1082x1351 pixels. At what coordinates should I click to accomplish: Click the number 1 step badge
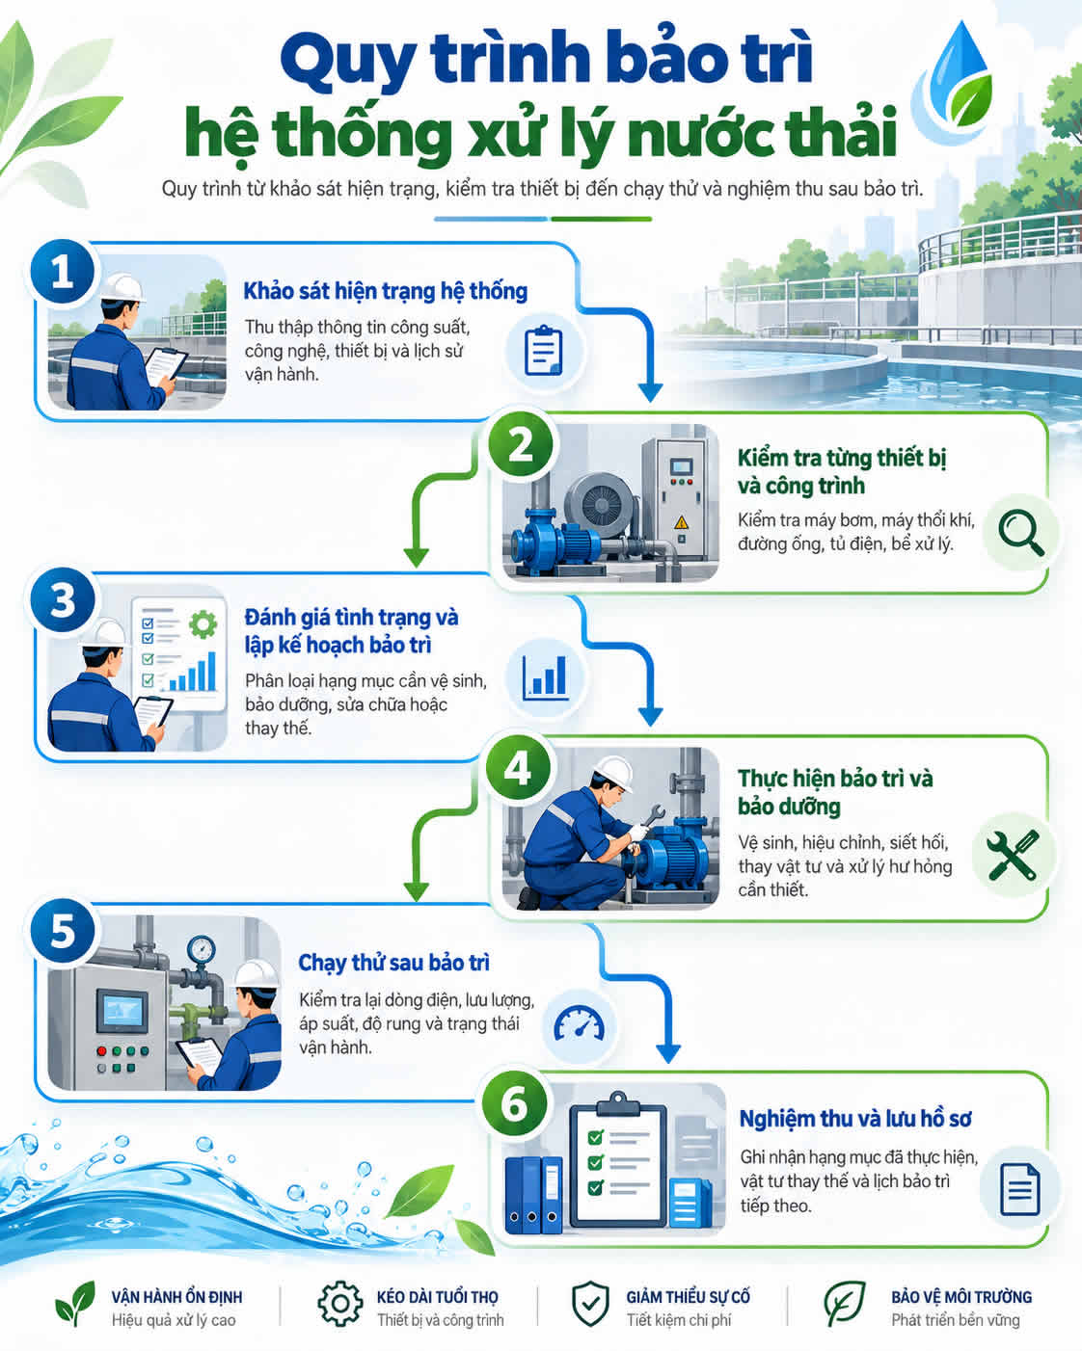(63, 272)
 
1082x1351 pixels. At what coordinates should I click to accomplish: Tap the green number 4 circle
(518, 768)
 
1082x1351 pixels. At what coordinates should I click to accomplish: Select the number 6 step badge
(514, 1104)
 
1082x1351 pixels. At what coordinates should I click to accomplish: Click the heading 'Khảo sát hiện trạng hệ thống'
(385, 291)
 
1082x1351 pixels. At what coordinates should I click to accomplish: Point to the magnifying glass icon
(1021, 533)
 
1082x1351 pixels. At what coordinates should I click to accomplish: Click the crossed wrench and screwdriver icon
(1013, 855)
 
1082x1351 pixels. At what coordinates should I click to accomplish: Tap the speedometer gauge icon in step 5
(579, 1025)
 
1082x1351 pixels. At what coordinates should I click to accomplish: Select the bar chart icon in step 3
(546, 677)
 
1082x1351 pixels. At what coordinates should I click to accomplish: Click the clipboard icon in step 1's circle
(544, 351)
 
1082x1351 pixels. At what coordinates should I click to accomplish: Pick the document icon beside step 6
(1019, 1189)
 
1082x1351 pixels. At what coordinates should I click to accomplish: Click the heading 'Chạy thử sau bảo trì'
(394, 963)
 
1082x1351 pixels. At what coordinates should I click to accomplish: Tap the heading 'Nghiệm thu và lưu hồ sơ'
(855, 1118)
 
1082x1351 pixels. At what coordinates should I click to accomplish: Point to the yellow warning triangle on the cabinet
(681, 521)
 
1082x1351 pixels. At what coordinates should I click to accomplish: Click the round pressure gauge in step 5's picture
(202, 950)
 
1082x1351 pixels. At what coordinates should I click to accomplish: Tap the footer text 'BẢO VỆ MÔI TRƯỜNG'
(961, 1297)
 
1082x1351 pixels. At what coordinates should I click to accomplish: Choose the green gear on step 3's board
(203, 624)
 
